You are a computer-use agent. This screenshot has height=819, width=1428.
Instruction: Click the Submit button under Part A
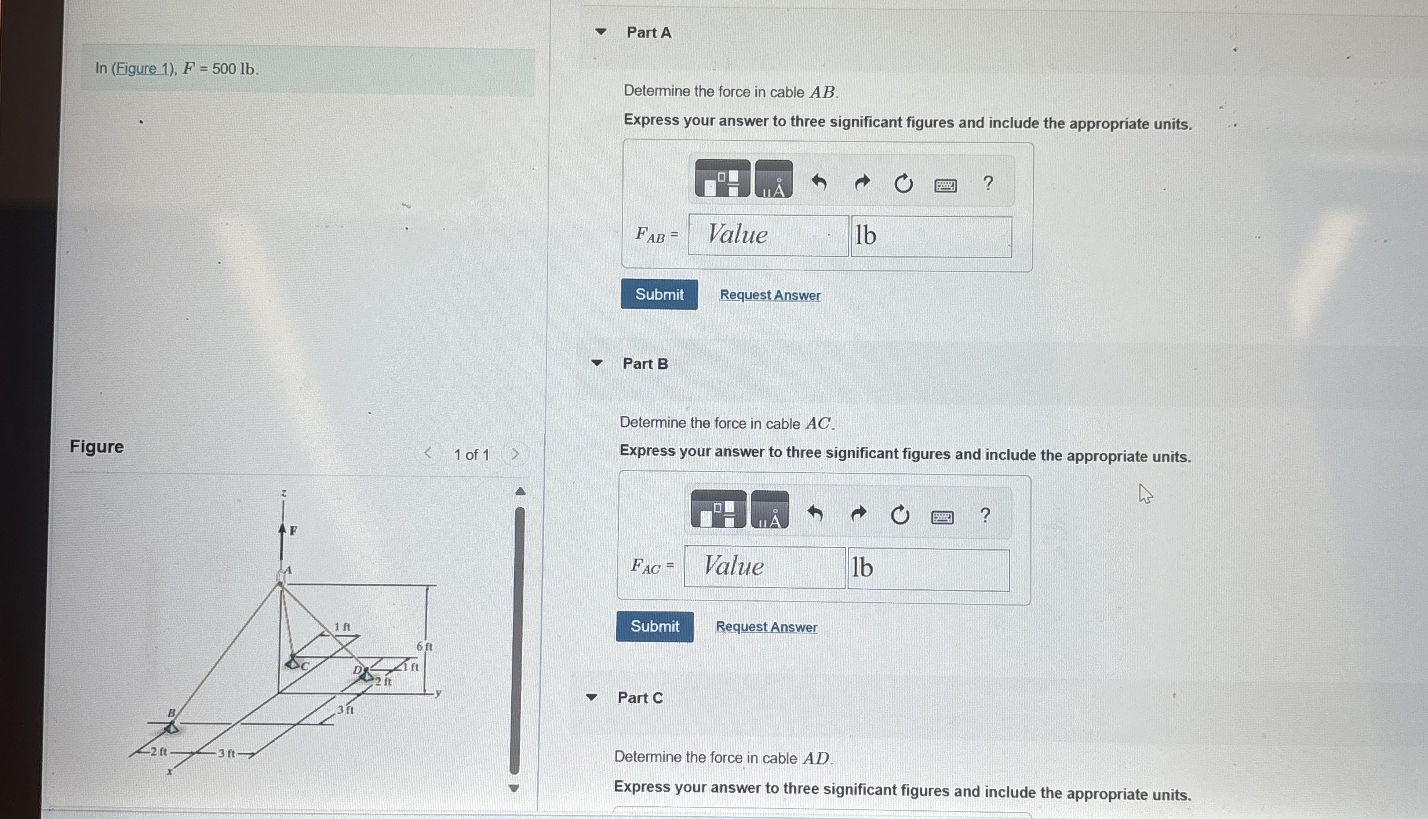pyautogui.click(x=659, y=294)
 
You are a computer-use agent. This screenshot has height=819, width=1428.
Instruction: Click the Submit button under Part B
pyautogui.click(x=654, y=626)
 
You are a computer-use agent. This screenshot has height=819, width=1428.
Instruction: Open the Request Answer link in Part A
pyautogui.click(x=770, y=295)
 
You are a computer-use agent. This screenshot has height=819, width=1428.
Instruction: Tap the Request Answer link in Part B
pyautogui.click(x=766, y=627)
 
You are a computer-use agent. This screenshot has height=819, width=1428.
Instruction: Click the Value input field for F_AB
pyautogui.click(x=768, y=235)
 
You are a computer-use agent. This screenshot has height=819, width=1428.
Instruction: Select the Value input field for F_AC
pyautogui.click(x=764, y=567)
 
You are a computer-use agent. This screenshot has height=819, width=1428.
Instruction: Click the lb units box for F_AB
pyautogui.click(x=931, y=236)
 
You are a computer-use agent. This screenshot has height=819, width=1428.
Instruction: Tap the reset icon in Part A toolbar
pyautogui.click(x=903, y=184)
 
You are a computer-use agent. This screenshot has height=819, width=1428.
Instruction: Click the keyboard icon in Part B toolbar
pyautogui.click(x=942, y=516)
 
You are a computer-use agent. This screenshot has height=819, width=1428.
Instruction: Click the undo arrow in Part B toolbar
pyautogui.click(x=815, y=513)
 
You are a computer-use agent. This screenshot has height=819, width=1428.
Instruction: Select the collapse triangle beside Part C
pyautogui.click(x=591, y=697)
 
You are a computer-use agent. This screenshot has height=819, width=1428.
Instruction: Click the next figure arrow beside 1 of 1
pyautogui.click(x=515, y=454)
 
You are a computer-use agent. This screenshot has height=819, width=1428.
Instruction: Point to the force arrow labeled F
pyautogui.click(x=282, y=539)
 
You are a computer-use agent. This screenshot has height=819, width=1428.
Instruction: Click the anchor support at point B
pyautogui.click(x=171, y=727)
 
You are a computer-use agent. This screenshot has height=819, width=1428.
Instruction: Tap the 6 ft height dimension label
pyautogui.click(x=424, y=646)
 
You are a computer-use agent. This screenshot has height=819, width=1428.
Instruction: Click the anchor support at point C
pyautogui.click(x=293, y=662)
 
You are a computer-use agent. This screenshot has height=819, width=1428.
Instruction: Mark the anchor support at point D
pyautogui.click(x=366, y=675)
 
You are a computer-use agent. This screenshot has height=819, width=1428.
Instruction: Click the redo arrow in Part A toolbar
pyautogui.click(x=862, y=183)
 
